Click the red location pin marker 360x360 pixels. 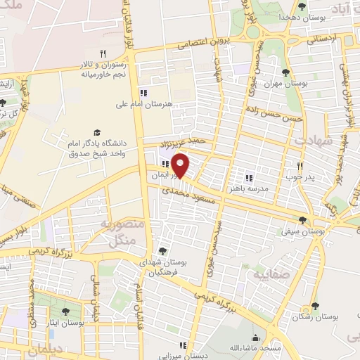click(181, 166)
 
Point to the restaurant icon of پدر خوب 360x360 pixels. click(300, 167)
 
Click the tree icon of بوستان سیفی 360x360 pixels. click(303, 220)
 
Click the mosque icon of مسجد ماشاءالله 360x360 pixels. click(255, 337)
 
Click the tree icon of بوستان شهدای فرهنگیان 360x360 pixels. click(163, 250)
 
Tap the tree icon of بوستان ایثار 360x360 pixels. click(66, 311)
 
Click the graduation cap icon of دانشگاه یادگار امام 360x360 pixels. click(97, 132)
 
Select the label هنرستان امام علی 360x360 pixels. click(144, 104)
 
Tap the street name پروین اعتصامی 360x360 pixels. click(204, 42)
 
